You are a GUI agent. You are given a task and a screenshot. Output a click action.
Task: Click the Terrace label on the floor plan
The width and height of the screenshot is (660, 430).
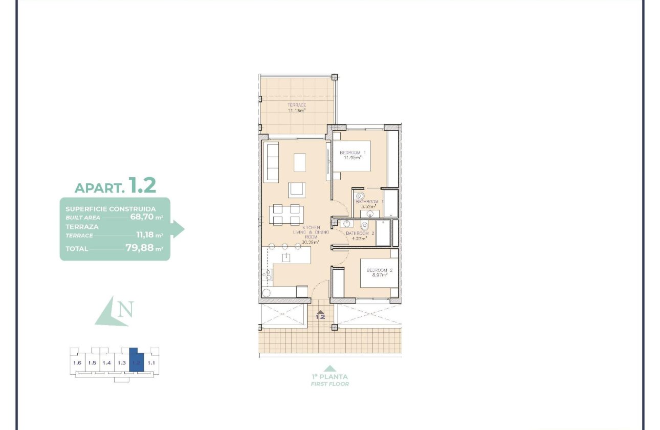pyautogui.click(x=296, y=105)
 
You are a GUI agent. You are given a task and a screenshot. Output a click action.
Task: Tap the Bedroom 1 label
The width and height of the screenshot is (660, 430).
pyautogui.click(x=353, y=153)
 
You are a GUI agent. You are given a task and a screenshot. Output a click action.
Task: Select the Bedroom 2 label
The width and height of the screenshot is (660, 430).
pyautogui.click(x=379, y=270)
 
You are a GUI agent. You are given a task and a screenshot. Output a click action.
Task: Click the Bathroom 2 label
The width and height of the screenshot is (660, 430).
pyautogui.click(x=360, y=233)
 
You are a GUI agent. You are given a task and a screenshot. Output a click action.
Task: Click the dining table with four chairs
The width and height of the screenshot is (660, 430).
pyautogui.click(x=285, y=214)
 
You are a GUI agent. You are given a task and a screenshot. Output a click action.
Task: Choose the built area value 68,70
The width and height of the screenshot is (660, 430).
pyautogui.click(x=142, y=217)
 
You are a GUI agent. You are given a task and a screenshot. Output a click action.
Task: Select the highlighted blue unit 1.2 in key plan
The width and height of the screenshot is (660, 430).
pyautogui.click(x=136, y=362)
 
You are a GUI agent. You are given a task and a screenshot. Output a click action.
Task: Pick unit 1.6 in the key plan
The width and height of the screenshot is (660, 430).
pyautogui.click(x=77, y=363)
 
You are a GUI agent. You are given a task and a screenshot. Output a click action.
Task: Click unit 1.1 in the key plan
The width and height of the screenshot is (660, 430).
pyautogui.click(x=151, y=363)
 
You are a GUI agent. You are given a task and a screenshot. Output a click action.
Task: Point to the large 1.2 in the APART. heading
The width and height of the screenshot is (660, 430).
pyautogui.click(x=142, y=185)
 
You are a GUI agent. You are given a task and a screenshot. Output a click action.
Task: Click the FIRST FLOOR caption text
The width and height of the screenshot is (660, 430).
pyautogui.click(x=330, y=384)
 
